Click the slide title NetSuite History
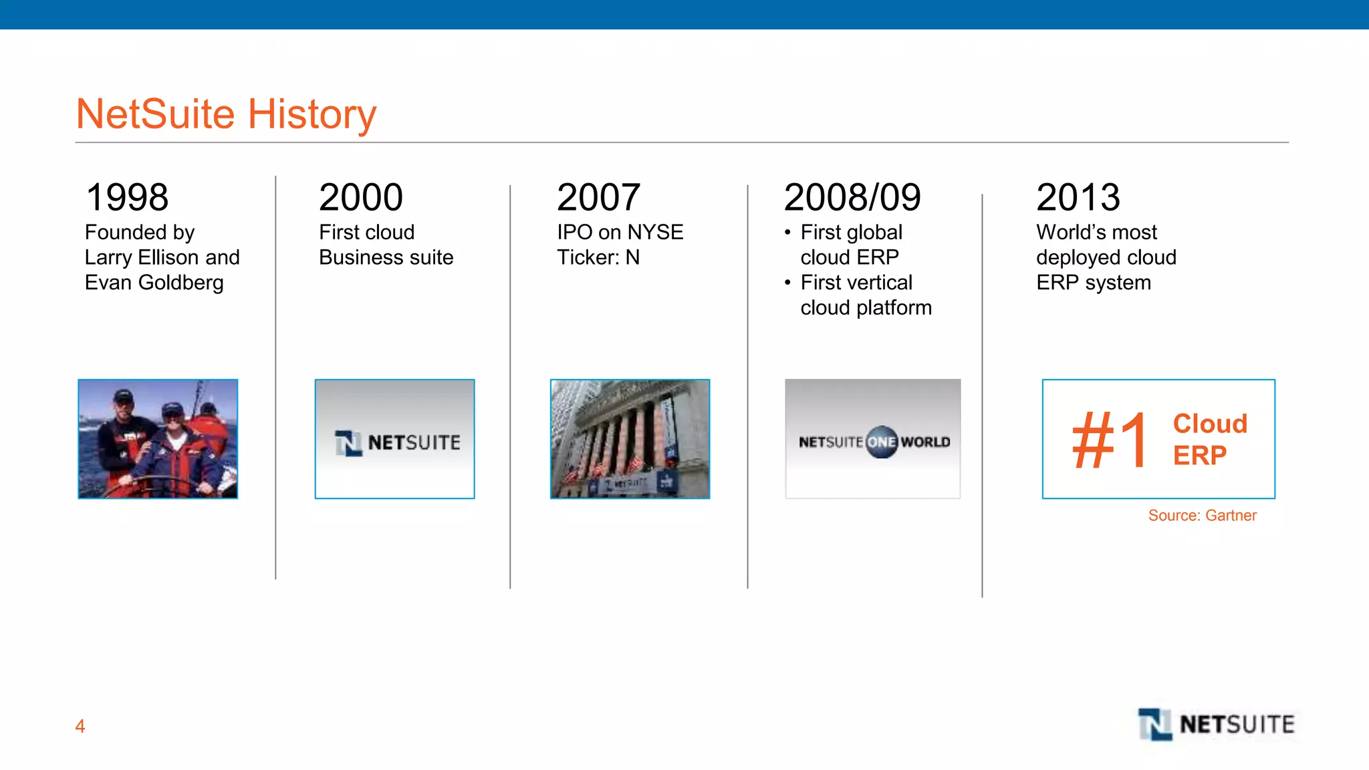226,114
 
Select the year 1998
127,197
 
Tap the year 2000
360,197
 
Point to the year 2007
598,197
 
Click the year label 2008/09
852,197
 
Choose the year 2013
1078,197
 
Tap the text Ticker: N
598,257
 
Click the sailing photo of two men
158,438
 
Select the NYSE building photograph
630,438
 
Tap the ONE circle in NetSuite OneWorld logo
881,442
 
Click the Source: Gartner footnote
1202,515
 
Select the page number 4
80,726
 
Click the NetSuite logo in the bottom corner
1216,725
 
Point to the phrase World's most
1096,232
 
